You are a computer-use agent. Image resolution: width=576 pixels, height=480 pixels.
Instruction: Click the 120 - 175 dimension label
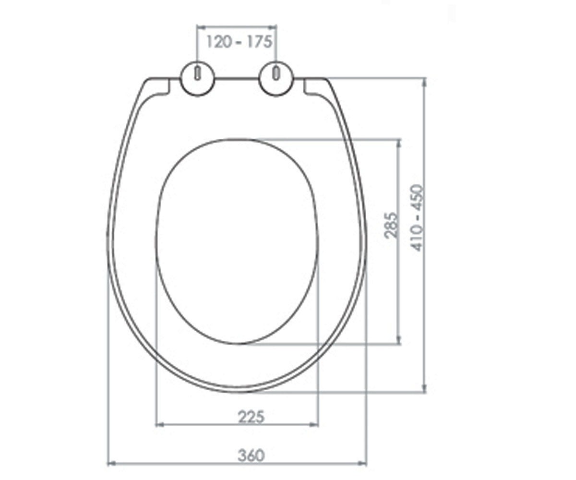tap(239, 42)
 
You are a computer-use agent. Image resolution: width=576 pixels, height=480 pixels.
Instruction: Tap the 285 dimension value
tap(392, 225)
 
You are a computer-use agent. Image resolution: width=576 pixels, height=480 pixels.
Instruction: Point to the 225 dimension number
tap(251, 417)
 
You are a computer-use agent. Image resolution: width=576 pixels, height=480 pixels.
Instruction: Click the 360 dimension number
tap(251, 455)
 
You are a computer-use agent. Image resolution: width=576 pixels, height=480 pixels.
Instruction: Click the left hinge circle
tap(197, 79)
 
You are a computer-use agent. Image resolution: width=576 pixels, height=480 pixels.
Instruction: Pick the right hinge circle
tap(276, 79)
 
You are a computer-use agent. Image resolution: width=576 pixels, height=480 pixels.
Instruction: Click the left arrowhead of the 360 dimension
tap(111, 464)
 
